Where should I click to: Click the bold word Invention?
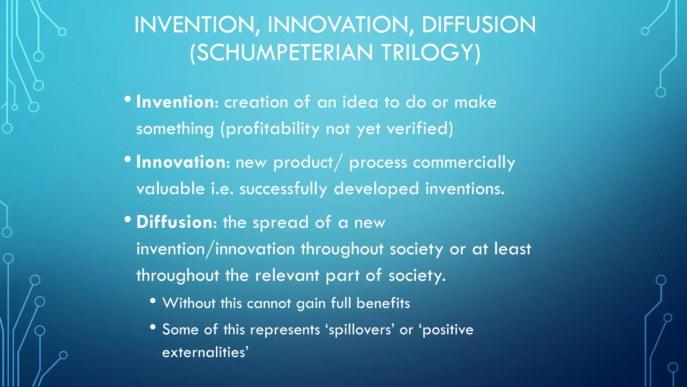coord(175,102)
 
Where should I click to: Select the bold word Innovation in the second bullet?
coord(181,162)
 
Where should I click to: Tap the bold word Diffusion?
coord(174,222)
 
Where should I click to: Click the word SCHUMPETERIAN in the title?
coord(284,53)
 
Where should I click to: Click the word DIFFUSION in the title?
coord(479,25)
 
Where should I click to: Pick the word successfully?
coord(283,189)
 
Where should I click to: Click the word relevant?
coord(287,275)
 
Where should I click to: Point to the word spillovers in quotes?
coord(360,330)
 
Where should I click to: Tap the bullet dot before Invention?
coord(127,99)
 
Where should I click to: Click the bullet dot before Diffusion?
coord(127,219)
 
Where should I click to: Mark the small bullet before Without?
coord(153,301)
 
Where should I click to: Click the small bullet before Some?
coord(153,327)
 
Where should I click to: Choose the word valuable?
coord(170,189)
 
